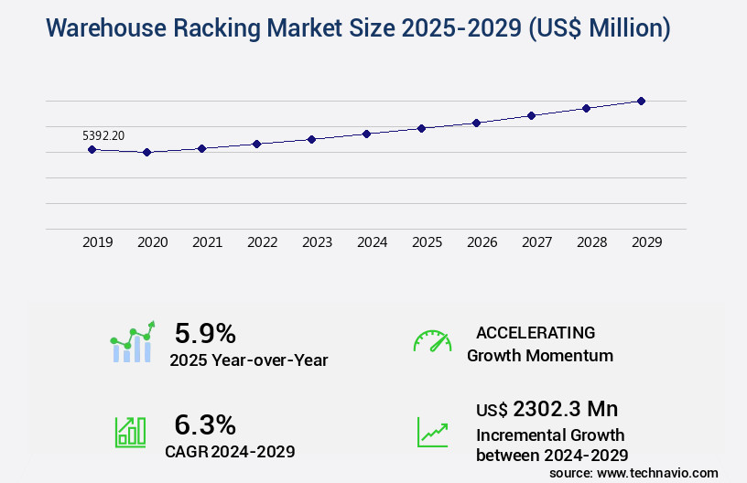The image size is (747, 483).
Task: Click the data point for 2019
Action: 92,149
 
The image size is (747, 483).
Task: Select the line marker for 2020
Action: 146,152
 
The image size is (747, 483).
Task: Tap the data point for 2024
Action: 366,134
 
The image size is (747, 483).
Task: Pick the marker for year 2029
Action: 641,101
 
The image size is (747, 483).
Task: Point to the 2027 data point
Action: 531,115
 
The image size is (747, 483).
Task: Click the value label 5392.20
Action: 103,135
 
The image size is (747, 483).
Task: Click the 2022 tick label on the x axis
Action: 262,242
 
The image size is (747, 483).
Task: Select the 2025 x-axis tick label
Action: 427,242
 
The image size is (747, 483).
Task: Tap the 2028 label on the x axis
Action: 591,242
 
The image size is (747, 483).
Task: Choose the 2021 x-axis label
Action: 207,242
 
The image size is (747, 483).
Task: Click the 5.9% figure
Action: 205,333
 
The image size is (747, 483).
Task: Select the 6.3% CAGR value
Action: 205,424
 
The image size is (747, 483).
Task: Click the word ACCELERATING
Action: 536,332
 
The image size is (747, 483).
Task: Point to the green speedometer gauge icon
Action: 432,340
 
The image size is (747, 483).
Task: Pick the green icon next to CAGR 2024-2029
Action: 130,432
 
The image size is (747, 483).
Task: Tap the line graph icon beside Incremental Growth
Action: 432,432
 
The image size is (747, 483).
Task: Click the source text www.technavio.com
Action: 657,473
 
